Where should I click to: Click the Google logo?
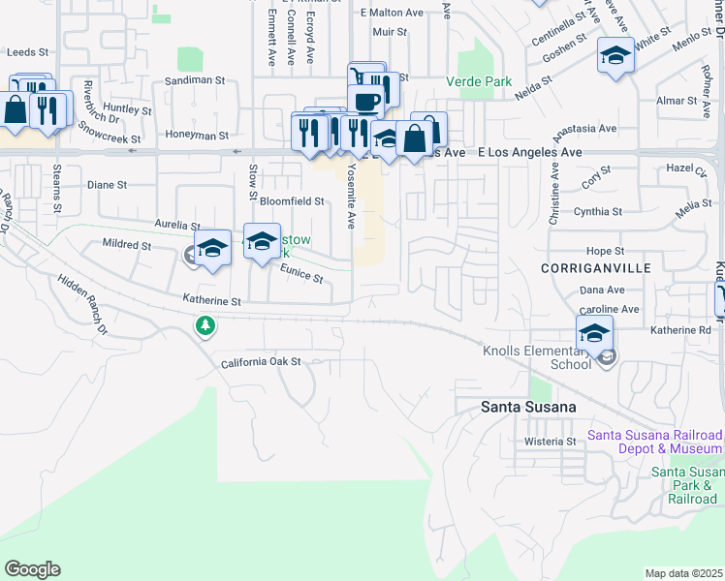(x=32, y=569)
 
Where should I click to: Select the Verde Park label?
(x=479, y=82)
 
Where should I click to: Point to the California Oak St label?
(x=262, y=361)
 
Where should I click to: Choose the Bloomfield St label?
(x=292, y=201)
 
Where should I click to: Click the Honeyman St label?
(x=197, y=137)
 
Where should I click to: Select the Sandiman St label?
(x=195, y=80)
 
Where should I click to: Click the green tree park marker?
(x=205, y=325)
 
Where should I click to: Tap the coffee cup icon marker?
(x=366, y=101)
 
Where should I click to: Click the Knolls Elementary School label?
(x=536, y=356)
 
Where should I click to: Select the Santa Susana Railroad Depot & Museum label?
(x=656, y=442)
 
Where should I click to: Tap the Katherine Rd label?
(x=680, y=330)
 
